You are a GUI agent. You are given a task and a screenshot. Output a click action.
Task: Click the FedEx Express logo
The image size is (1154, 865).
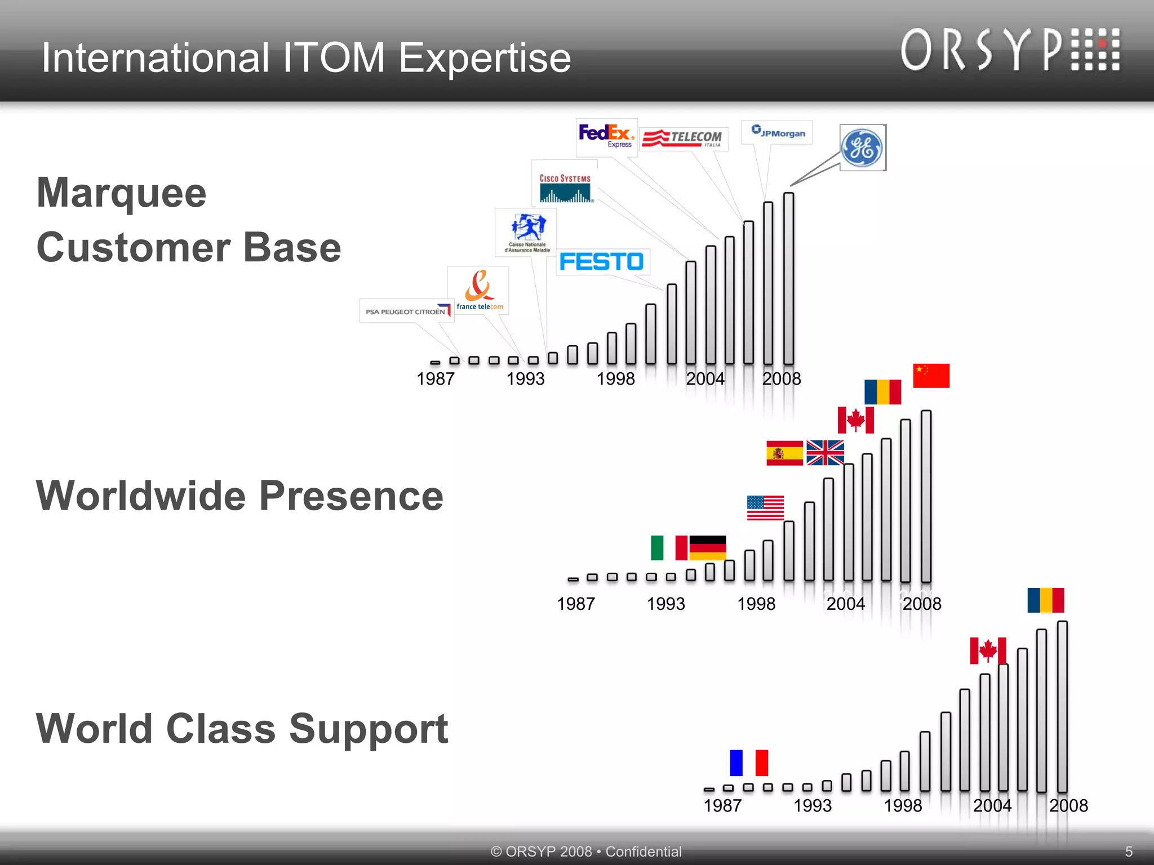(606, 136)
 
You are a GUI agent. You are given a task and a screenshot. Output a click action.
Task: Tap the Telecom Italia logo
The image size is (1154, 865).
(683, 139)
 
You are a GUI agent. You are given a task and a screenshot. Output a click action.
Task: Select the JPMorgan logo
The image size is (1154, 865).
(778, 132)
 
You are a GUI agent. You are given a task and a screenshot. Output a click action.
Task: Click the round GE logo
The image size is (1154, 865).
(862, 148)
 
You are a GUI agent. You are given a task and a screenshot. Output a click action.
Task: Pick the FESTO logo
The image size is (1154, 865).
(602, 262)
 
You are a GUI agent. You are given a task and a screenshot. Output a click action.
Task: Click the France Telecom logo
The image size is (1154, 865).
(479, 291)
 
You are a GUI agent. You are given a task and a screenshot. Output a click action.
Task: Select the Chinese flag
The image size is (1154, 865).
(931, 376)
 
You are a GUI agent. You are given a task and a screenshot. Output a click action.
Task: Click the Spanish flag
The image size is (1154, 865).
(784, 453)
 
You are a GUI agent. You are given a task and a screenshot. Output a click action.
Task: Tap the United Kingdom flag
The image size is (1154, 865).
(825, 453)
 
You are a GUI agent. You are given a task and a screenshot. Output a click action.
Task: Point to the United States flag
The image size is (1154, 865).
(765, 507)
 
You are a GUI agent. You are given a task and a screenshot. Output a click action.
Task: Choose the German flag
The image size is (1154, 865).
(708, 547)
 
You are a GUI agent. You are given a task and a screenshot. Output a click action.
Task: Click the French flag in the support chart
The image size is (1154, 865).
(749, 763)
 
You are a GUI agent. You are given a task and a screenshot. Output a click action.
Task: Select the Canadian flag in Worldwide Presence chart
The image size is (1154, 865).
(855, 420)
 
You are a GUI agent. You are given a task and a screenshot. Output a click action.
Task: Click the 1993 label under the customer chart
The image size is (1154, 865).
(525, 378)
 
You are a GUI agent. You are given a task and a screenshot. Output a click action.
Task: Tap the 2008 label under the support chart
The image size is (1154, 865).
(1068, 805)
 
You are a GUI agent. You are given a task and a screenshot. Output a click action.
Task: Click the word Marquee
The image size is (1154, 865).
(122, 193)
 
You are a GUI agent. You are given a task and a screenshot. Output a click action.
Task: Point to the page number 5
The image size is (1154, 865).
(1129, 851)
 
